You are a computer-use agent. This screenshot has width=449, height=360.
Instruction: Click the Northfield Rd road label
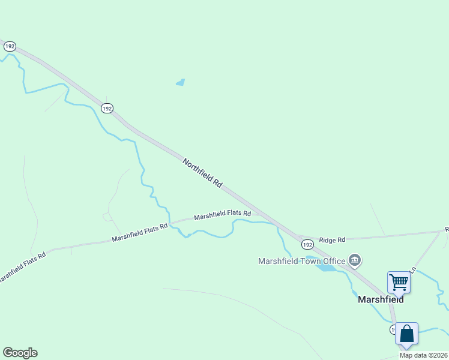pos(202,173)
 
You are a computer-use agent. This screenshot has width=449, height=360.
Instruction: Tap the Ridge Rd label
pos(332,240)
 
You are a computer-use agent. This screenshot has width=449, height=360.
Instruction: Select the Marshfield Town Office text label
pos(301,261)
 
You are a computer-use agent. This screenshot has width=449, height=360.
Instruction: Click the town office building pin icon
pos(355,260)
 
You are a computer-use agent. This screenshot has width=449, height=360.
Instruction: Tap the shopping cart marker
pos(399,281)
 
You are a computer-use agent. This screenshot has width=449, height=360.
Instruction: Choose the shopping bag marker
pos(406,334)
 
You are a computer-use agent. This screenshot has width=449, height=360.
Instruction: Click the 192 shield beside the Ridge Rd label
pos(307,245)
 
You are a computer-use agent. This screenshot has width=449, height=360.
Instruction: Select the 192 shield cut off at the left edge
pos(8,46)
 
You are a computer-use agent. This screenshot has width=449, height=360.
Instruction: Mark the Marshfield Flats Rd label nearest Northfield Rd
pos(222,214)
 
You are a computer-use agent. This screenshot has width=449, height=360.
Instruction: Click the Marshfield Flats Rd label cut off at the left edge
pos(22,267)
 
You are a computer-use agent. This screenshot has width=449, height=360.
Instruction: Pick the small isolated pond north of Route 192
pos(180,82)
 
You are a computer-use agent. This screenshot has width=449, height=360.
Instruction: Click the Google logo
pos(20,353)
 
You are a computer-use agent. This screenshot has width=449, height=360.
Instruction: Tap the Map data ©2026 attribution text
pos(423,355)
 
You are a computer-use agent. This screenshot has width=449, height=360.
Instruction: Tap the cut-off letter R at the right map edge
pos(447,229)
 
